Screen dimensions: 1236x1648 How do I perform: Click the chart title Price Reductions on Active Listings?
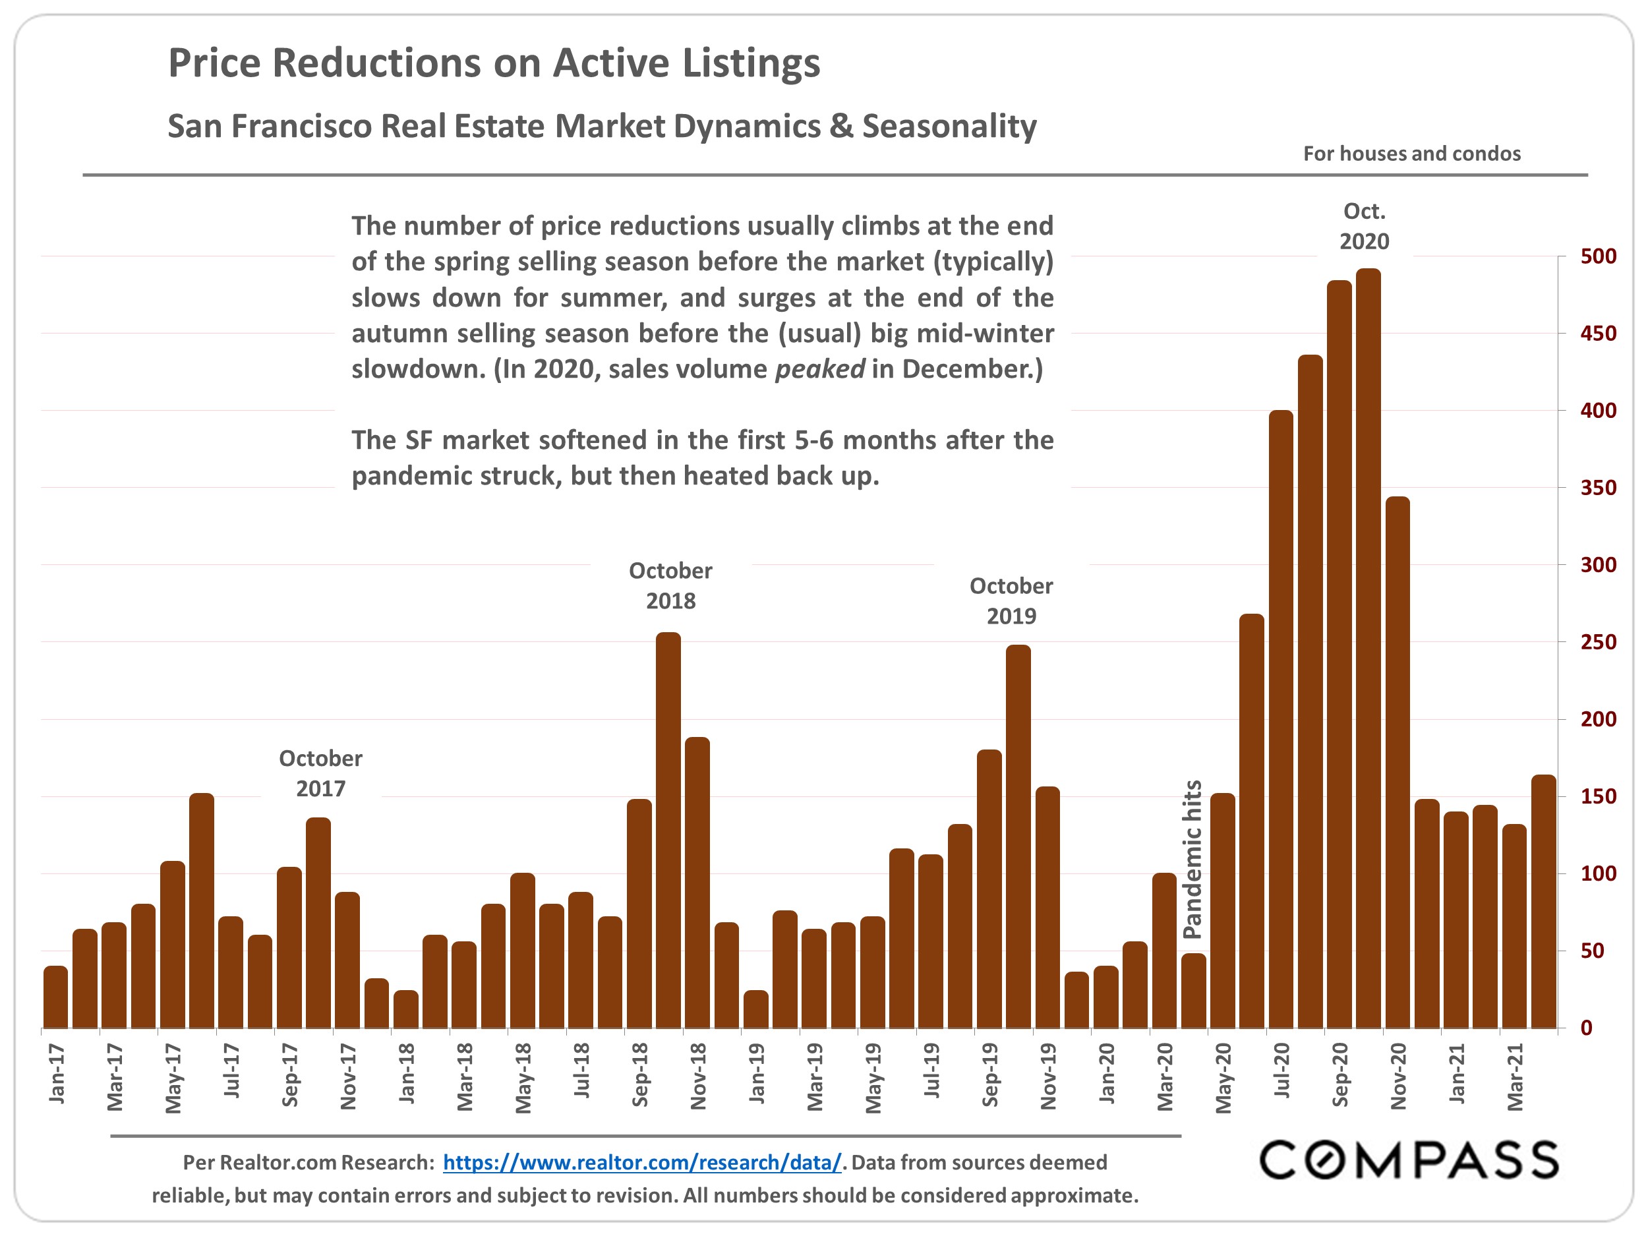coord(494,63)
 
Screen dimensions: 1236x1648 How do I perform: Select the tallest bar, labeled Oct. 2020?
coord(1368,648)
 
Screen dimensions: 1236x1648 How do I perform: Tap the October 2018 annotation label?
coord(670,585)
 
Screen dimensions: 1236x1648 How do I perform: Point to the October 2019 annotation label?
coord(1011,601)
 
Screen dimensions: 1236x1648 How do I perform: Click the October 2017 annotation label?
coord(320,773)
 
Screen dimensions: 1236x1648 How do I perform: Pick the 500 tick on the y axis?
coord(1598,256)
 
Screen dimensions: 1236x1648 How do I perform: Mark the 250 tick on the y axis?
coord(1598,642)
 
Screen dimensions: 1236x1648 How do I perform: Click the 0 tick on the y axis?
coord(1586,1028)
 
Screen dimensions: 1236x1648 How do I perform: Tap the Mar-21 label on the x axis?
coord(1515,1076)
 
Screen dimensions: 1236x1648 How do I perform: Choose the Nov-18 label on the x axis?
coord(698,1076)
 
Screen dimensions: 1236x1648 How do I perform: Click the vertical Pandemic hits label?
coord(1192,859)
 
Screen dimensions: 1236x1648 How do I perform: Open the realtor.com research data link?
coord(641,1162)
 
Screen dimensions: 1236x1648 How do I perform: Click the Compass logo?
coord(1408,1160)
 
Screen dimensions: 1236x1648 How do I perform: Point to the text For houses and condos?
coord(1411,154)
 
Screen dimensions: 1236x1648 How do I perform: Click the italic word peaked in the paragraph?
coord(819,368)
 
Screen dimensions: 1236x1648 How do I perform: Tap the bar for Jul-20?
coord(1281,719)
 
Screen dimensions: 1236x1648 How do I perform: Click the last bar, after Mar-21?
coord(1543,902)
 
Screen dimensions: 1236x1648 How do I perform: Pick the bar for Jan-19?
coord(755,1009)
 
